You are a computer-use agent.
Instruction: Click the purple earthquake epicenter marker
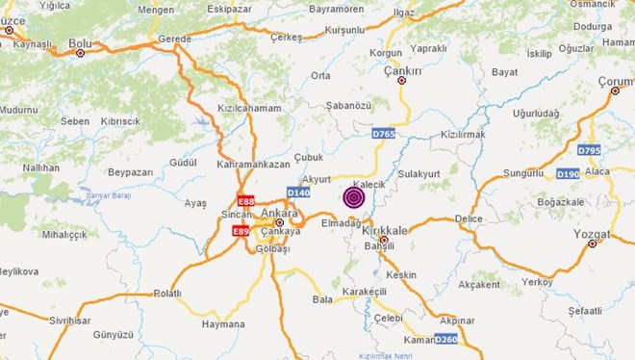354,198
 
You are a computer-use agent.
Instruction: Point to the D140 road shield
298,193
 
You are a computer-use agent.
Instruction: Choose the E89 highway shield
241,232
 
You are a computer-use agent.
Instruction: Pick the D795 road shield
589,151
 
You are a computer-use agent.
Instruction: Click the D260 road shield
446,339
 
